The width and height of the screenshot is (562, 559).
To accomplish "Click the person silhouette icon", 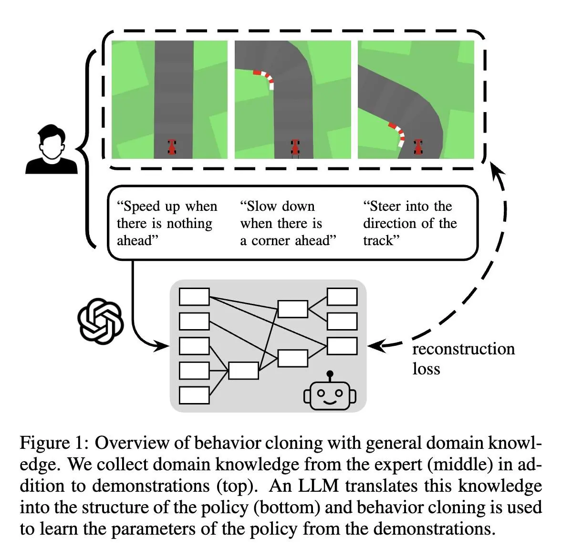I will coord(51,149).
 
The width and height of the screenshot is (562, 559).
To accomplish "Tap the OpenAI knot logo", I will coord(100,321).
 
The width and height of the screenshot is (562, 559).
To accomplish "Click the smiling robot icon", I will coord(330,392).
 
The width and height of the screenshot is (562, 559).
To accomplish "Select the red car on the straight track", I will coord(172,146).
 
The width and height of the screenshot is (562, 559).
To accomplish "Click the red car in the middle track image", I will coord(296,147).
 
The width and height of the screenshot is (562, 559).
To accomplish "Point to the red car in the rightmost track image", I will coord(418,146).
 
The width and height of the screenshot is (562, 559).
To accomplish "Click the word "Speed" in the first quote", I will coord(142,206).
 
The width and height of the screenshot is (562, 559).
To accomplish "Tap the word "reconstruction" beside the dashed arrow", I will coord(463,349).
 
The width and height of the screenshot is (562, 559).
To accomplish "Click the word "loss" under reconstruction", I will coord(426,369).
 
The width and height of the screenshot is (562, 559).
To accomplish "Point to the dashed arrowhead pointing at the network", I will coord(375,345).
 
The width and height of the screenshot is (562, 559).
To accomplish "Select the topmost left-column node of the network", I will coord(194,296).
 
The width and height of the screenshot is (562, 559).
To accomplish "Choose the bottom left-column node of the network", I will coord(194,395).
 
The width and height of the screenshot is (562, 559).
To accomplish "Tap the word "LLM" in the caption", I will coord(318,486).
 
